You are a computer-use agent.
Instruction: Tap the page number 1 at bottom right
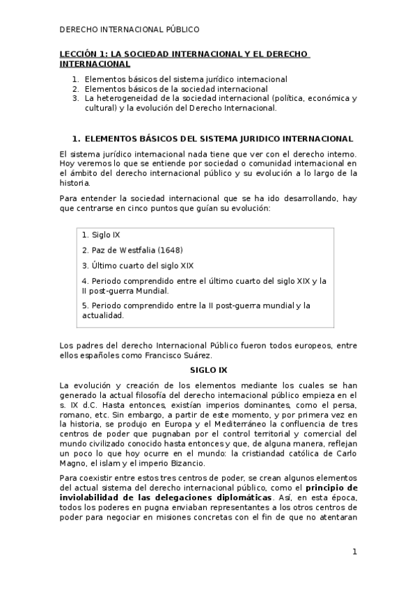pos(354,552)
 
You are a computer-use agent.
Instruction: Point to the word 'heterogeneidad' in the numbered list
pos(124,99)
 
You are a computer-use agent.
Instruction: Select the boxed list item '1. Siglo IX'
pos(101,235)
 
